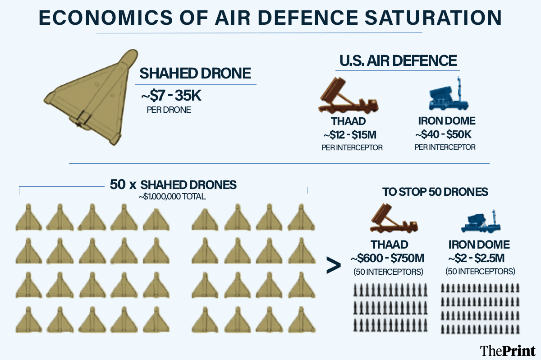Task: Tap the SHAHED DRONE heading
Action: (x=195, y=74)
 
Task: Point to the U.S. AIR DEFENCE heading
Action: (x=397, y=60)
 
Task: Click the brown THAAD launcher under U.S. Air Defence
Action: (x=348, y=97)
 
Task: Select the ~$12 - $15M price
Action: (x=350, y=135)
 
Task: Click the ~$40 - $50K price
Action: (x=445, y=135)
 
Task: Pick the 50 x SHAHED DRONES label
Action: (x=173, y=185)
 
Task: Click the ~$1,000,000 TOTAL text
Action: (x=173, y=196)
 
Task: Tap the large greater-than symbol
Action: (x=333, y=266)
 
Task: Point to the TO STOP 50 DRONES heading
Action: (x=435, y=192)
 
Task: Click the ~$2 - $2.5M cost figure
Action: (x=479, y=258)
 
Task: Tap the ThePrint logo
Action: (x=507, y=350)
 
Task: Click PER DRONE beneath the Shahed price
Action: (x=169, y=110)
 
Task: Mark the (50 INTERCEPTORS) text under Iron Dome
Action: (x=480, y=272)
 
